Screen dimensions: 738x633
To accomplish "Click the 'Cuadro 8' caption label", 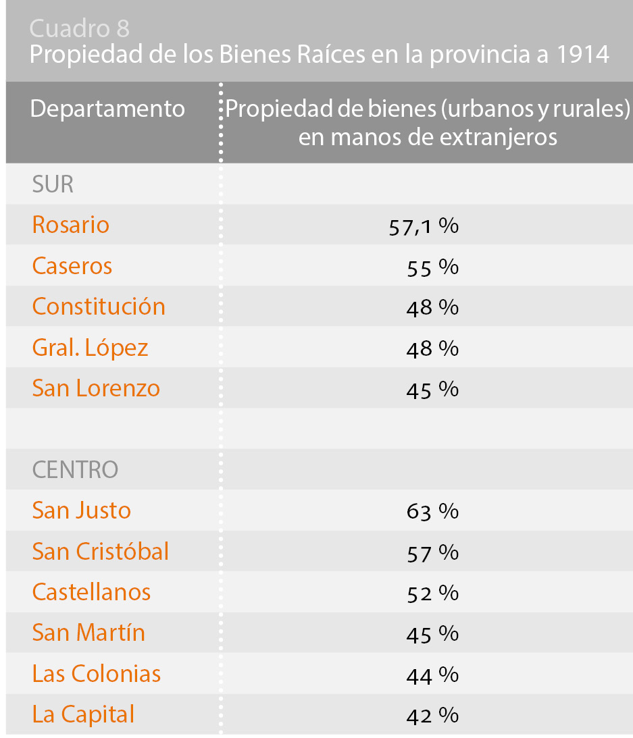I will tap(80, 29).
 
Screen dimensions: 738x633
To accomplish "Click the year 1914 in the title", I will tap(584, 55).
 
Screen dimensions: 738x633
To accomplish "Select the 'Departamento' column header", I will tap(107, 109).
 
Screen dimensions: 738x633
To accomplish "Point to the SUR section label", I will tap(53, 185).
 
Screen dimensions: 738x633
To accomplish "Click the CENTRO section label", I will tap(75, 470).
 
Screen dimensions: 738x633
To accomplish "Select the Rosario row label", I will tap(71, 225).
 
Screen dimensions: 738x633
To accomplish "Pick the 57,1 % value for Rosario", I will tap(424, 226).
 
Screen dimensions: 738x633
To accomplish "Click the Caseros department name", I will tap(72, 266).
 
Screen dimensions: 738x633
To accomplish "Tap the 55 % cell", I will tap(432, 267).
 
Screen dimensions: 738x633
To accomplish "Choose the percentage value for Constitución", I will tap(432, 308).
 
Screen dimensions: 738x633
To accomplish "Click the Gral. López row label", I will tap(90, 348).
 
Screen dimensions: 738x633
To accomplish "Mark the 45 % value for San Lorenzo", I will tap(432, 390).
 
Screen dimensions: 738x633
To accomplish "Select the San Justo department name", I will tap(82, 510).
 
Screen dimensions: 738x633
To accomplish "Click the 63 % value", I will tap(432, 512).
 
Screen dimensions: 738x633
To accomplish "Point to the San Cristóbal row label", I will tap(101, 552).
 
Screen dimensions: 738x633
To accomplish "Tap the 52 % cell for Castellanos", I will tap(432, 594).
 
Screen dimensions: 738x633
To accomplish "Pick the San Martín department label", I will tap(88, 633).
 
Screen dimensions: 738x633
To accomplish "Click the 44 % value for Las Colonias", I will tap(432, 675).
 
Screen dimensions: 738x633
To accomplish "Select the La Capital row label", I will tap(83, 714).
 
